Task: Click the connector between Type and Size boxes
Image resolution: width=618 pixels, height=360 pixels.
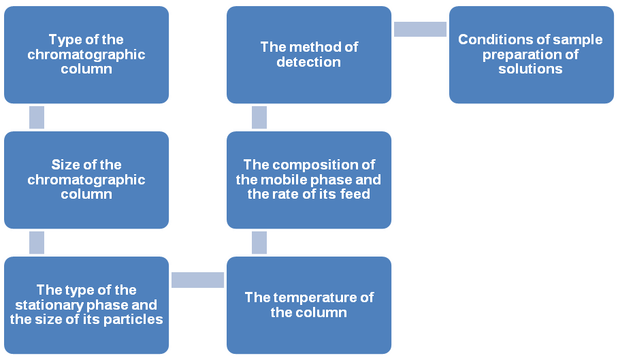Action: (37, 117)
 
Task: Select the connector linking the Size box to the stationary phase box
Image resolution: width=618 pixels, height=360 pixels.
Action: (37, 242)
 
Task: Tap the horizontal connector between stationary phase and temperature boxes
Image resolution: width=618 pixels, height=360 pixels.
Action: (197, 280)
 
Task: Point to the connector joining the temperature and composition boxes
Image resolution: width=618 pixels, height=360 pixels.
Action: (259, 242)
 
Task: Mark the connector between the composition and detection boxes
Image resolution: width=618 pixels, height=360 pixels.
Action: (259, 117)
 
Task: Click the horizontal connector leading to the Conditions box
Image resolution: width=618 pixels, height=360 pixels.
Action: (420, 29)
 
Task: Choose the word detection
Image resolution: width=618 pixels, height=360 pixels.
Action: (309, 62)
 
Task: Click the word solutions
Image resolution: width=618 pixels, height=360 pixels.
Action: (530, 69)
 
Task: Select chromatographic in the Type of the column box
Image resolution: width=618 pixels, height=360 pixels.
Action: (86, 54)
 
